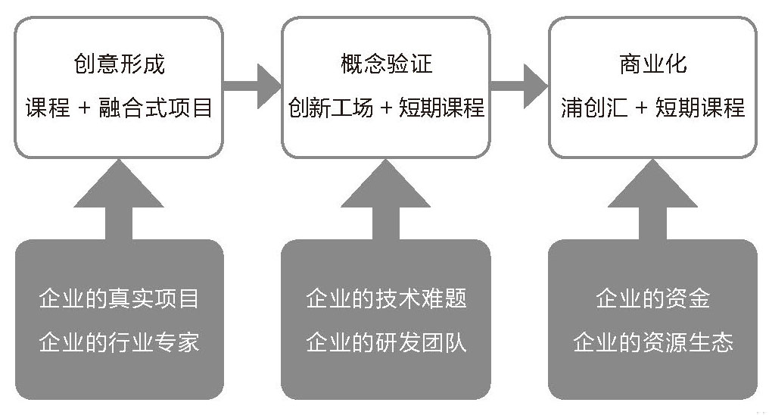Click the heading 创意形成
(119, 64)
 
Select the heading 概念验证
(386, 64)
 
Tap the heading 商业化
(652, 64)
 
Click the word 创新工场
(330, 108)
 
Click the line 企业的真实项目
(119, 298)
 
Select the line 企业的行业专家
(119, 342)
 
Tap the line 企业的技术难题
(386, 298)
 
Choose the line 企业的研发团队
(386, 342)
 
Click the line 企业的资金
(652, 298)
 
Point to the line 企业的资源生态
(652, 342)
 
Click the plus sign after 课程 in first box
(85, 109)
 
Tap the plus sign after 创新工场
(386, 109)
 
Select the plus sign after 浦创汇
(641, 109)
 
